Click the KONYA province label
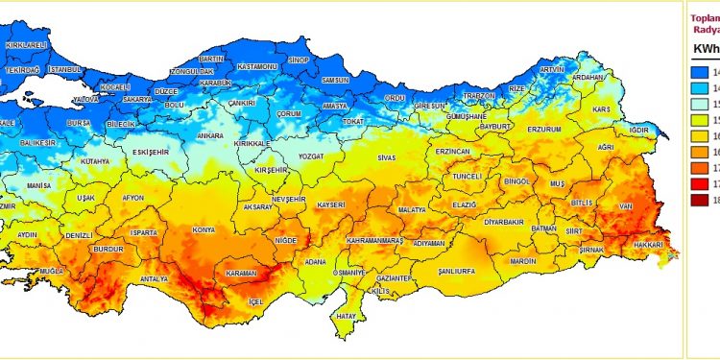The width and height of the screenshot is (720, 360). point(203,230)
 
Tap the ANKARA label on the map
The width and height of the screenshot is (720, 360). point(209,136)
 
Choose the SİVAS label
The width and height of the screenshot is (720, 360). point(386,156)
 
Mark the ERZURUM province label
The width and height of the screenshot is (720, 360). point(544,129)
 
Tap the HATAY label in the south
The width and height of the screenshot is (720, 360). point(346,316)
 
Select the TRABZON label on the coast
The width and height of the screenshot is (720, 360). point(477,96)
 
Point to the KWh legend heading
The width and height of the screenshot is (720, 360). point(706,48)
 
